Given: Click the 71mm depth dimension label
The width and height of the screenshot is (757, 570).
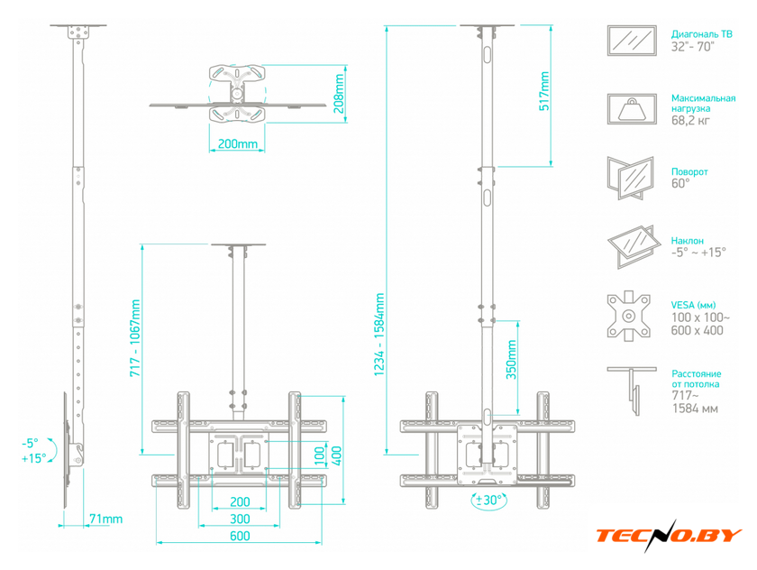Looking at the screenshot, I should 105,519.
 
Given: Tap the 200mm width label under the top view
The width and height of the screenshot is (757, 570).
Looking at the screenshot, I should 238,144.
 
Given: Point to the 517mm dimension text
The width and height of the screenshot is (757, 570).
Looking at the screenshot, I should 544,89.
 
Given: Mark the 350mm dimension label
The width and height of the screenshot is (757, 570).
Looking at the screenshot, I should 511,360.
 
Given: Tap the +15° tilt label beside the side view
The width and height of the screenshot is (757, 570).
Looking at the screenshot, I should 33,457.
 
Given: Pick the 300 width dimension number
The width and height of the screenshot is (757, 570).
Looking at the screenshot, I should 239,519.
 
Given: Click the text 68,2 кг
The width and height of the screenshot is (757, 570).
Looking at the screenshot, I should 690,120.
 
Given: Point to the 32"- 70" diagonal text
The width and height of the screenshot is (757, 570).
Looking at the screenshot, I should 692,47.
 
